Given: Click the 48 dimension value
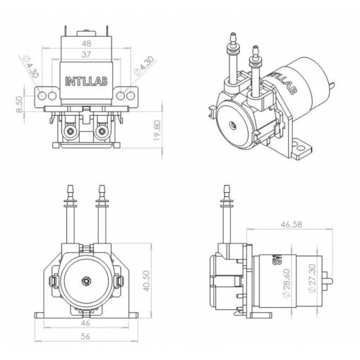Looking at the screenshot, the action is pos(86,44).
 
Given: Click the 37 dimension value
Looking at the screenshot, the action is pos(86,54).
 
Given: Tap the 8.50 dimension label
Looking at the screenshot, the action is pos(20,104).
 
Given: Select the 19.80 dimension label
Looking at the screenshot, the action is pos(157,131).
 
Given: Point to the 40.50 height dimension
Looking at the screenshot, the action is pos(147,281).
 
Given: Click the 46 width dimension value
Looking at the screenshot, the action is pos(85,323).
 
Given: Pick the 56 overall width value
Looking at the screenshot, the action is pos(85,336).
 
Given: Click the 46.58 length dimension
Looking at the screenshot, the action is pos(292,224).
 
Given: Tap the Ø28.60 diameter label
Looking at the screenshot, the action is pos(287,283).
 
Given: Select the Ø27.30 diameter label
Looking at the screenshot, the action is pos(312,279).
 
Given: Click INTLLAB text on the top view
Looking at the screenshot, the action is pos(86,81).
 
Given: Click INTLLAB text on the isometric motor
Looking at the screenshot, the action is pos(283,83).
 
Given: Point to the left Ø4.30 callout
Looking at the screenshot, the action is pos(30,66).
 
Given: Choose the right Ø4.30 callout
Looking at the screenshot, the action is pos(144,66).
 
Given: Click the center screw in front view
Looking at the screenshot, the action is pos(86,281).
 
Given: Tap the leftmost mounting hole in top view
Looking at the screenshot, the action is pos(42,96).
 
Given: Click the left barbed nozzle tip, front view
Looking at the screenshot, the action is pos(70,186).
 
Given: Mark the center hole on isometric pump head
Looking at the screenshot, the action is pos(233,125).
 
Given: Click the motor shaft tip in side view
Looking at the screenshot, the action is pos(332,281).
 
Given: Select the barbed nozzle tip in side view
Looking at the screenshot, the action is pos(227,186).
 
